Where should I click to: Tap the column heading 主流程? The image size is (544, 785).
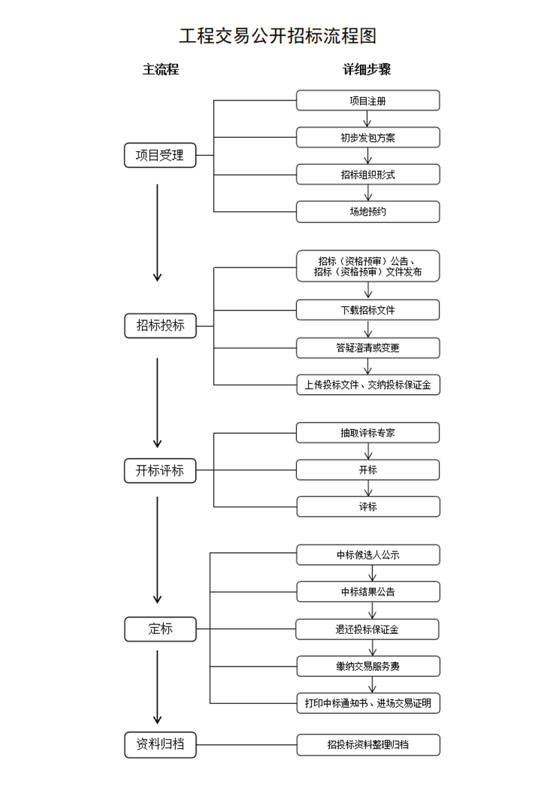[161, 70]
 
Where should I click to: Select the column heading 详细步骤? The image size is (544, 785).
[367, 70]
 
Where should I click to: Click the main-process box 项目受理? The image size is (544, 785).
[160, 155]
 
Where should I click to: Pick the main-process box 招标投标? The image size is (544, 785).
[160, 326]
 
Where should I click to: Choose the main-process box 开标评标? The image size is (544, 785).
[160, 471]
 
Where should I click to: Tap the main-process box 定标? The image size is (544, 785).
[160, 629]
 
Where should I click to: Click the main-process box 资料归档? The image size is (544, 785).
[160, 745]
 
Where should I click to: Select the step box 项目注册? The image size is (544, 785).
[368, 100]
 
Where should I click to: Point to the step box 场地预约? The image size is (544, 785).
[368, 211]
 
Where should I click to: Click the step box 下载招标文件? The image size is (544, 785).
[368, 310]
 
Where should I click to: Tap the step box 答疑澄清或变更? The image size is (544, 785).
[368, 348]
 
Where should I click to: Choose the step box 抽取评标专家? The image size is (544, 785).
[368, 433]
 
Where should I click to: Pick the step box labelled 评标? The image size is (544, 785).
[368, 506]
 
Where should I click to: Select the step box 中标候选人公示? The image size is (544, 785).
[368, 555]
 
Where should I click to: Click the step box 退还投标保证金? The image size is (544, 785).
[368, 630]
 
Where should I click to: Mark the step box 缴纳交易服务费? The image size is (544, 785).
[368, 667]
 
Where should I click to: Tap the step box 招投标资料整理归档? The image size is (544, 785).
[368, 746]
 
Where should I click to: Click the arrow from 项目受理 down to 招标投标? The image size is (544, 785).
[158, 232]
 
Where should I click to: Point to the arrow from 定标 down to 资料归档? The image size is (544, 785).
[158, 686]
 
